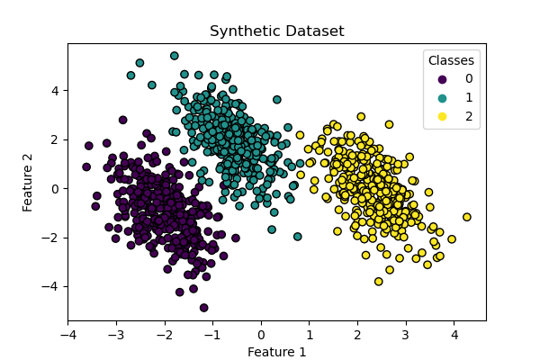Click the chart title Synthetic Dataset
[276, 31]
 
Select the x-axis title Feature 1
[276, 352]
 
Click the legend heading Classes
[451, 60]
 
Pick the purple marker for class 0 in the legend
[434, 78]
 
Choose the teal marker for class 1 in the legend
[434, 97]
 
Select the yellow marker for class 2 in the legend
[434, 116]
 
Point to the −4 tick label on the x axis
[67, 336]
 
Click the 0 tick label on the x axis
[261, 336]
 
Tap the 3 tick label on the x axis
[406, 336]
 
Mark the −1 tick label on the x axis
[212, 336]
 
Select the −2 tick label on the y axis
[52, 238]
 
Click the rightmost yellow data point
[467, 217]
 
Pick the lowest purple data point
[204, 308]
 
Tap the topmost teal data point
[175, 56]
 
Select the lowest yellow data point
[379, 282]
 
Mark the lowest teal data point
[298, 237]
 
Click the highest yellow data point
[361, 116]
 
